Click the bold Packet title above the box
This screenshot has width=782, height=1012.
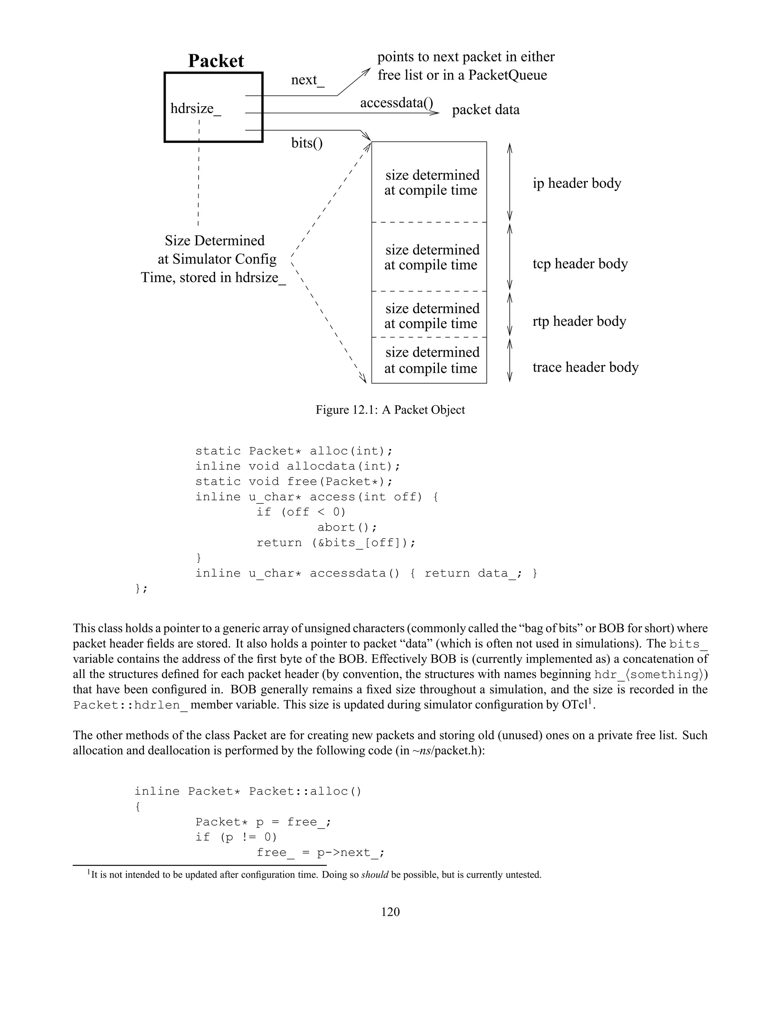tap(216, 61)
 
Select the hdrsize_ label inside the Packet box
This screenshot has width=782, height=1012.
tap(195, 109)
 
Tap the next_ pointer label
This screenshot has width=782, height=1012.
tap(308, 80)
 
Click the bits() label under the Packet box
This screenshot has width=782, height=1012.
tap(307, 143)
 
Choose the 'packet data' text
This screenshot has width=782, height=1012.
tap(486, 110)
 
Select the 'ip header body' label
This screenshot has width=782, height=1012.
tap(577, 183)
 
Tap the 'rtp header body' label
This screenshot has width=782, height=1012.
tap(579, 321)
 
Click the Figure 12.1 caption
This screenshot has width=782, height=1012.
tap(390, 410)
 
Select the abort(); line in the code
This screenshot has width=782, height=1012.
tap(347, 527)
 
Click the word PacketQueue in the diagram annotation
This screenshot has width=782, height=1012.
tap(508, 75)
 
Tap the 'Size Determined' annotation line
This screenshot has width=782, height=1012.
tap(215, 241)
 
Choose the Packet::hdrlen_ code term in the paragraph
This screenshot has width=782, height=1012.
tap(131, 705)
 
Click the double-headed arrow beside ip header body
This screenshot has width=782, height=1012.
tap(510, 182)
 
